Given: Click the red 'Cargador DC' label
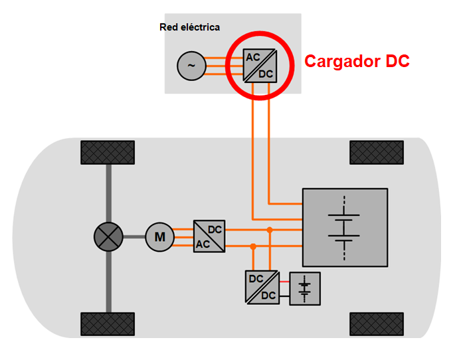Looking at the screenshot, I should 357,61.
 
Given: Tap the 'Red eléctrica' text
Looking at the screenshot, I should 189,27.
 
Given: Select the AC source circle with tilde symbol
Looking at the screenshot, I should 191,66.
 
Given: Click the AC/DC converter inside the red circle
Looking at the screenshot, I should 260,65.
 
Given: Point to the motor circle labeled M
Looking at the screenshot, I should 159,236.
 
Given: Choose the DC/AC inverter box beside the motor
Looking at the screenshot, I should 209,236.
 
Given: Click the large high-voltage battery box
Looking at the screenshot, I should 345,228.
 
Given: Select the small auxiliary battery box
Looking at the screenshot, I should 305,288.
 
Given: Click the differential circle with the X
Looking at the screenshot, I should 108,236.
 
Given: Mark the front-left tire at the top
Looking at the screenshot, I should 107,152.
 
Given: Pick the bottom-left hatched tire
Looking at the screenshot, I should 107,323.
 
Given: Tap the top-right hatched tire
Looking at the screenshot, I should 376,152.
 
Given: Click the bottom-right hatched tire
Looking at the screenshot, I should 376,323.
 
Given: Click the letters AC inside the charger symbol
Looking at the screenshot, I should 253,57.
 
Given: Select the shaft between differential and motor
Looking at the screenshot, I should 134,236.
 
